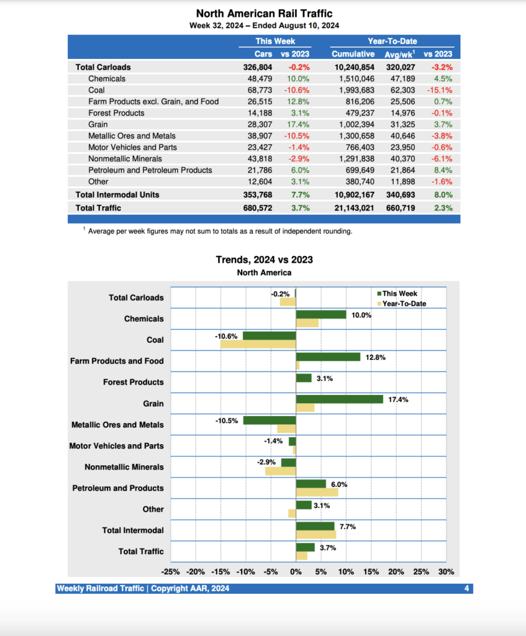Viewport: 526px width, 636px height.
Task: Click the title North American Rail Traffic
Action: point(263,13)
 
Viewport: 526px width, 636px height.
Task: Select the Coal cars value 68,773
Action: point(265,90)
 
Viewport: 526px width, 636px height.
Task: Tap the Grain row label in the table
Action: point(97,124)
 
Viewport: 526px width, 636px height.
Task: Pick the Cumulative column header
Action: point(353,54)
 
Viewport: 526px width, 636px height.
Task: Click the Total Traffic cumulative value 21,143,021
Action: point(352,208)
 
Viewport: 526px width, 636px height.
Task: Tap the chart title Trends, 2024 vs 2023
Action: point(264,260)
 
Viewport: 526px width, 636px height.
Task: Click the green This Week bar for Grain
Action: point(339,399)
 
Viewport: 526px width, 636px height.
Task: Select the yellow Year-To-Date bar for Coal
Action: point(258,344)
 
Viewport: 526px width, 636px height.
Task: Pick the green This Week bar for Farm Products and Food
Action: point(328,357)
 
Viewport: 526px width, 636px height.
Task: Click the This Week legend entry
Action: point(399,294)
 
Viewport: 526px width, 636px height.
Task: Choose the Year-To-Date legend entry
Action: point(404,304)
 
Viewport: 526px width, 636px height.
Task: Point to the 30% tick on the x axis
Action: point(446,572)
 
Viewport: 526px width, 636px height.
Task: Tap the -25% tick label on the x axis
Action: point(170,572)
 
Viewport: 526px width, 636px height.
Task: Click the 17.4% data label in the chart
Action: point(398,400)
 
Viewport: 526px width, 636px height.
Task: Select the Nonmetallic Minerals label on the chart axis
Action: point(124,467)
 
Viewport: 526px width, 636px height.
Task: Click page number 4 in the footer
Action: point(466,588)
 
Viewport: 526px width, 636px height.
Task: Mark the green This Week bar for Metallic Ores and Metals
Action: point(270,420)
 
